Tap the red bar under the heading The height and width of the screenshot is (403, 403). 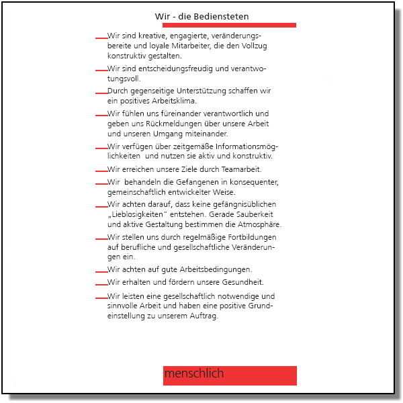[228, 26]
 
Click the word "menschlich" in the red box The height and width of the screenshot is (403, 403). [194, 373]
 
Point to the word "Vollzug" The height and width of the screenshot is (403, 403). [253, 46]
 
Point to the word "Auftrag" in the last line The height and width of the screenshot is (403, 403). [204, 316]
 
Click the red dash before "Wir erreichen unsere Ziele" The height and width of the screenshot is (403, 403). [101, 169]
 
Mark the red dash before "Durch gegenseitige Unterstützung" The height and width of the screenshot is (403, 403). [101, 91]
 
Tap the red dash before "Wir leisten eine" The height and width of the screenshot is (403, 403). [101, 297]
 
